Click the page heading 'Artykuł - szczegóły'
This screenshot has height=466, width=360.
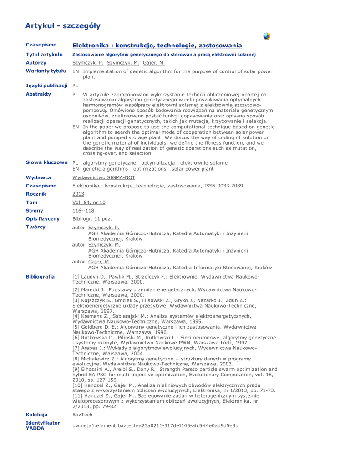pyautogui.click(x=63, y=25)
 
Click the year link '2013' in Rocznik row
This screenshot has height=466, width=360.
pyautogui.click(x=79, y=194)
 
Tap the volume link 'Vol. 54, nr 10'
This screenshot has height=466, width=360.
pyautogui.click(x=89, y=202)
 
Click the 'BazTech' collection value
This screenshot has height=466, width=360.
pyautogui.click(x=82, y=415)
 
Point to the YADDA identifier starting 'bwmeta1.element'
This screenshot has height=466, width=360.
pyautogui.click(x=156, y=425)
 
